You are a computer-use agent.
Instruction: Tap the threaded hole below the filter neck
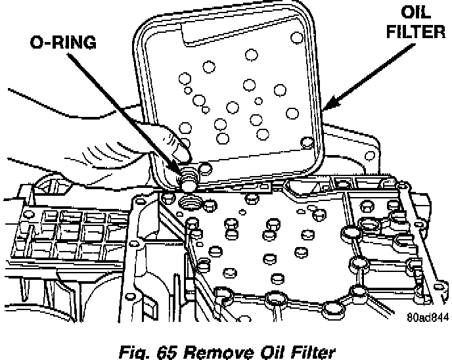(x=191, y=201)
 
